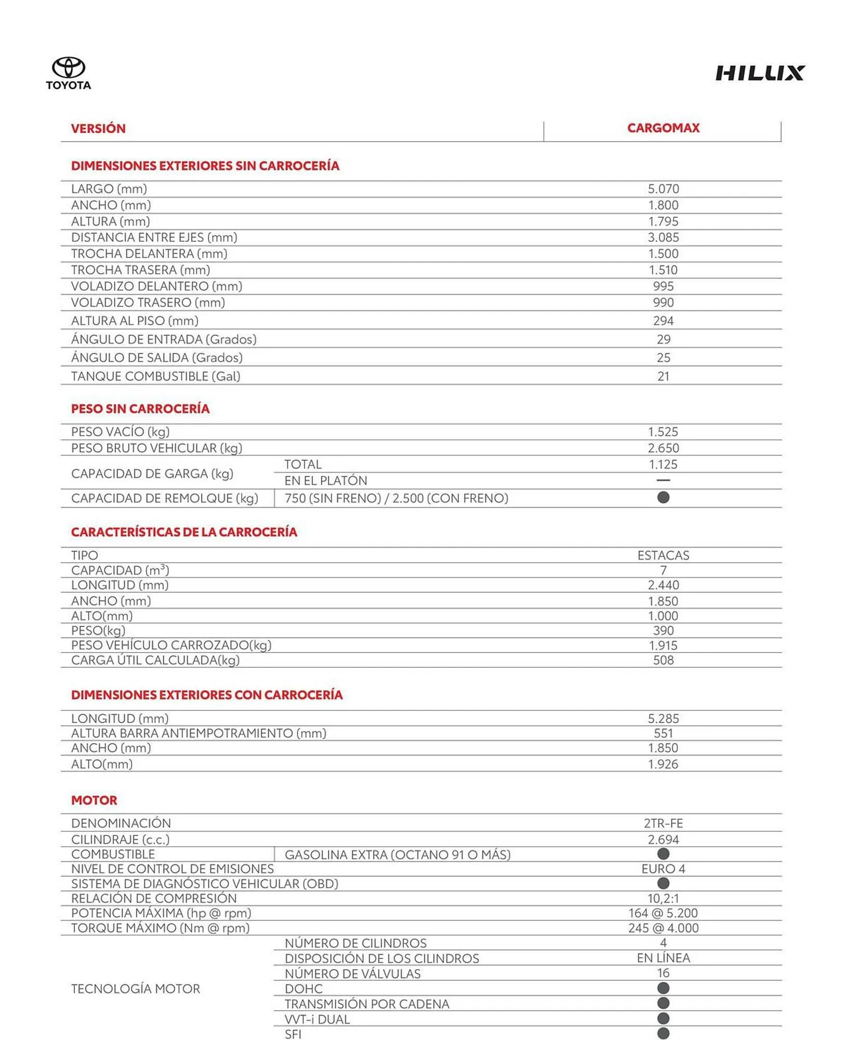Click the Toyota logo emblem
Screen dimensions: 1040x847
68,68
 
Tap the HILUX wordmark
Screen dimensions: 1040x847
760,73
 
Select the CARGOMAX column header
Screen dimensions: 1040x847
663,128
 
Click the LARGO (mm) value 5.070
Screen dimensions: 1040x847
663,189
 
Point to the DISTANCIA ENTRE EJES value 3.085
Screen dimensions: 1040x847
663,238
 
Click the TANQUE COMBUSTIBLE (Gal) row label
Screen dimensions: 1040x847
155,376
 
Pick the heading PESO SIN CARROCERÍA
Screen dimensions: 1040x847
140,409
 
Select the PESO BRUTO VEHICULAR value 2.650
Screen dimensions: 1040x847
663,448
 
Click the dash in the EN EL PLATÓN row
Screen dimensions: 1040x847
663,480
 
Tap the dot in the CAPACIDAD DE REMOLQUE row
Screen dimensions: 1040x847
663,498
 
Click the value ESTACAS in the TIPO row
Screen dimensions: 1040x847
663,555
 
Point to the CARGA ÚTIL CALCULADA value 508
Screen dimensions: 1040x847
663,660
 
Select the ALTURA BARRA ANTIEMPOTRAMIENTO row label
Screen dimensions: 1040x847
198,733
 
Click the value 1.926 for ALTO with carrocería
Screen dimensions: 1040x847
663,764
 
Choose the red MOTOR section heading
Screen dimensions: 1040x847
94,800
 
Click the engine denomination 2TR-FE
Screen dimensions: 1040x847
663,823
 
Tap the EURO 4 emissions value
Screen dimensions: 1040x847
663,869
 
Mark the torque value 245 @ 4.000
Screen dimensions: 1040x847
663,928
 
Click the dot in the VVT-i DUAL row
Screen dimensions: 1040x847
663,1018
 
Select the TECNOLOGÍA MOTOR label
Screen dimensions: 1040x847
135,989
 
